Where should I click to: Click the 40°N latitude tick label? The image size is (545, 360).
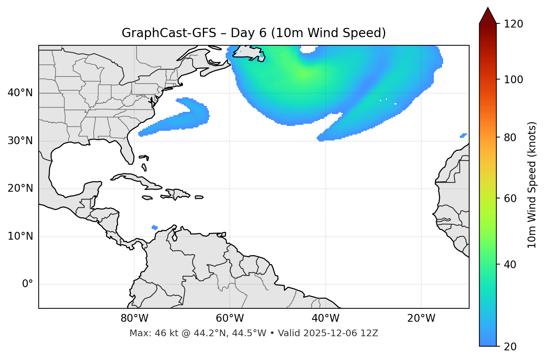point(20,93)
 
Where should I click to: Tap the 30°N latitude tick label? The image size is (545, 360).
point(20,141)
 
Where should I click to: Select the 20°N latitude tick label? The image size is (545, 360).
point(20,188)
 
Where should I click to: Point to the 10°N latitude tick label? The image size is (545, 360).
point(20,236)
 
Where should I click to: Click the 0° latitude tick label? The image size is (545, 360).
point(28,284)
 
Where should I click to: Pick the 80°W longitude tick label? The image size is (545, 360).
point(134,318)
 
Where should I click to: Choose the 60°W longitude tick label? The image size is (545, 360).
point(230,318)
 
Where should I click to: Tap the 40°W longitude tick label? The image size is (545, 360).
point(326,318)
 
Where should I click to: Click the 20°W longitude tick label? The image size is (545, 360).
point(421,318)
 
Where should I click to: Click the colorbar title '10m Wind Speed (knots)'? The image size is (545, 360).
point(532,185)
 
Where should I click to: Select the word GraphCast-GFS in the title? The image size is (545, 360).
point(169,33)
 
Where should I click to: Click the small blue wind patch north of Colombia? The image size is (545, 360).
point(155,227)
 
